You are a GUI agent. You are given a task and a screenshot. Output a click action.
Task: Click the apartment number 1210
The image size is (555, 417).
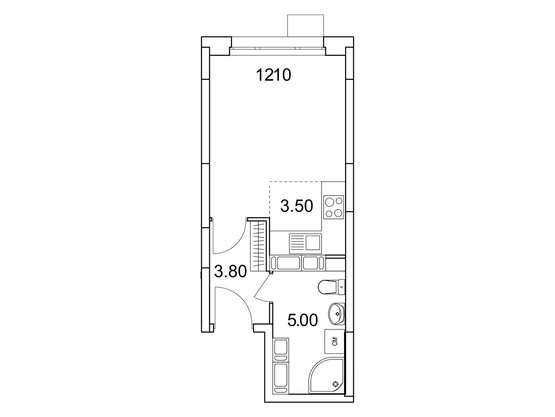tap(274, 75)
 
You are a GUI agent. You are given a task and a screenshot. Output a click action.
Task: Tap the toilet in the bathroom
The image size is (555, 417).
tap(332, 287)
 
